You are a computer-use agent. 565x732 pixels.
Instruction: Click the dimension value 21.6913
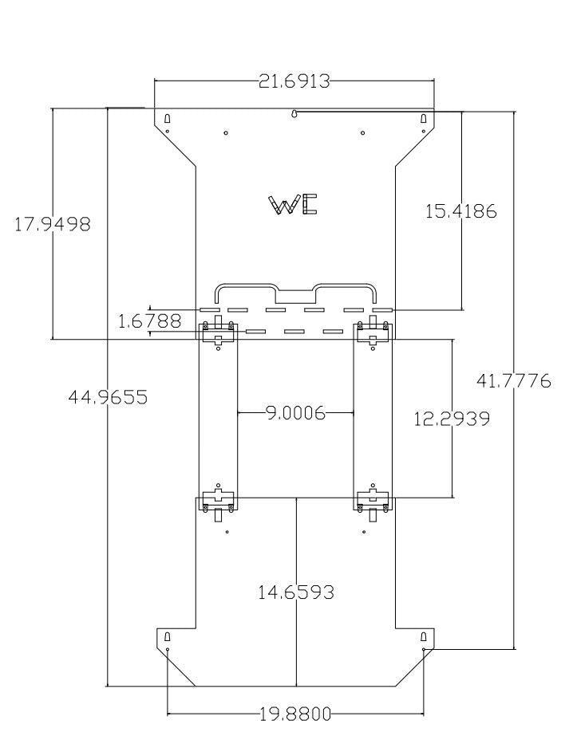coord(294,81)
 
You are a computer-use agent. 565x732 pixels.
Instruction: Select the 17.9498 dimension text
coord(53,225)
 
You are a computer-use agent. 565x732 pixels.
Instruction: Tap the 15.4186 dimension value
coord(460,211)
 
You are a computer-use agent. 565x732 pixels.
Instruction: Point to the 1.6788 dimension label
coord(149,321)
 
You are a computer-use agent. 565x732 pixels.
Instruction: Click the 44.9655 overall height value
coord(107,397)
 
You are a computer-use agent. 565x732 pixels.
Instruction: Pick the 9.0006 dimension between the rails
coord(295,413)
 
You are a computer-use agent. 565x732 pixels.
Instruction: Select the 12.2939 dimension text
coord(452,419)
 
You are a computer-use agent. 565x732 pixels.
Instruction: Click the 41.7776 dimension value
coord(513,382)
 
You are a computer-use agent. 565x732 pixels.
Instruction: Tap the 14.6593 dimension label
coord(295,592)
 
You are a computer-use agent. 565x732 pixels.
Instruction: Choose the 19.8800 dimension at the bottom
coord(295,714)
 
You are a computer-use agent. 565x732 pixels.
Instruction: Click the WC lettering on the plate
coord(293,205)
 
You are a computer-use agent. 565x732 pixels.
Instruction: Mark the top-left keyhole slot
coord(168,119)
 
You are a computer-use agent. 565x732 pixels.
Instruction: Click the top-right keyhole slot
coord(423,119)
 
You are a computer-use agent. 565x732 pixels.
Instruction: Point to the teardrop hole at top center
coord(294,115)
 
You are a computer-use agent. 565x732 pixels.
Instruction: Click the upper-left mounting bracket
coord(218,333)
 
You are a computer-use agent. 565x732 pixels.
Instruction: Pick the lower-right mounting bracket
coord(373,501)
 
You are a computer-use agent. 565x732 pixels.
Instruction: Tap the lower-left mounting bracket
coord(218,501)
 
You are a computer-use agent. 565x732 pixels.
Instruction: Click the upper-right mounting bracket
coord(373,333)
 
